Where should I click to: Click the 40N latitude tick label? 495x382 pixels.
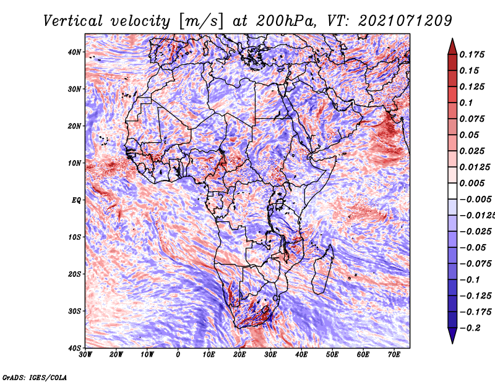(x=74, y=52)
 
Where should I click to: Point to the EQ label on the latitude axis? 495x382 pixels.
(x=76, y=200)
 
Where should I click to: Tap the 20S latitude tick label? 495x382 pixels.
(x=74, y=274)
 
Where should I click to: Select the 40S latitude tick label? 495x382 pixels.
(x=74, y=348)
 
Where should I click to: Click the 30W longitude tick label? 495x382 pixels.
(x=85, y=355)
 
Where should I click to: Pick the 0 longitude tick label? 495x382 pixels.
(x=178, y=355)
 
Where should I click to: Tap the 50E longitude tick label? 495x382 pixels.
(x=332, y=355)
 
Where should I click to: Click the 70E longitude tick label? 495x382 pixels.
(x=394, y=355)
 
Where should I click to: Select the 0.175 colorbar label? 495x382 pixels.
(x=472, y=54)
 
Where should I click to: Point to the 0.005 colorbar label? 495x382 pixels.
(x=472, y=183)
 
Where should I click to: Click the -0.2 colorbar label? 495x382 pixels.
(x=470, y=328)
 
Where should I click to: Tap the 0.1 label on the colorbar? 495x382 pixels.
(x=467, y=103)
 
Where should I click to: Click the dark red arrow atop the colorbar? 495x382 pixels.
(x=452, y=46)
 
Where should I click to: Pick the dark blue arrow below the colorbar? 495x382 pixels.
(x=452, y=336)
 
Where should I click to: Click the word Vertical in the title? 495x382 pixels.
(x=73, y=21)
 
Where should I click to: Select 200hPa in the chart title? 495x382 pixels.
(x=285, y=21)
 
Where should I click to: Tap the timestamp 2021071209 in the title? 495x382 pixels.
(x=405, y=21)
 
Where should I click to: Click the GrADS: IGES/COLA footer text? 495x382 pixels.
(x=35, y=377)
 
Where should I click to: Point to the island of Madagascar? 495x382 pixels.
(x=322, y=271)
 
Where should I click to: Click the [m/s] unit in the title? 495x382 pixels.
(x=202, y=22)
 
